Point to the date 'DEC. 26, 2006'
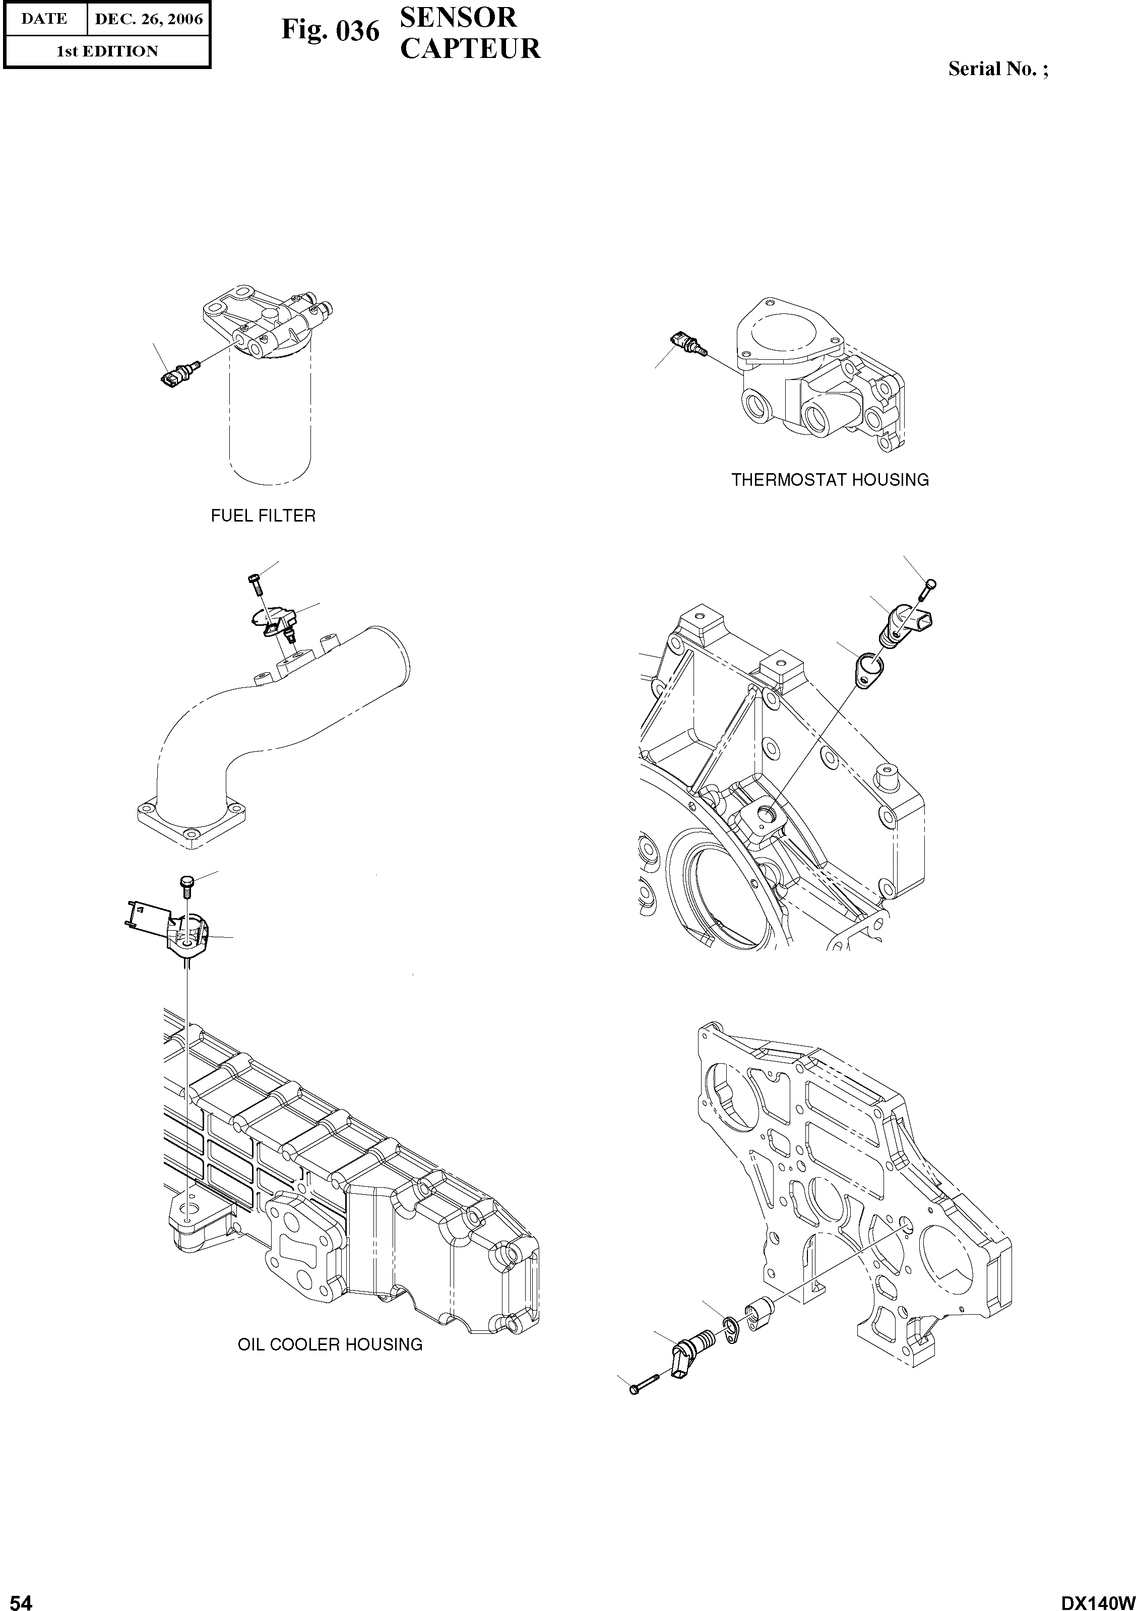(x=148, y=19)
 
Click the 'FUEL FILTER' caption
(x=263, y=515)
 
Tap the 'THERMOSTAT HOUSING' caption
(x=830, y=480)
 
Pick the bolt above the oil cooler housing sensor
(x=186, y=887)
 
